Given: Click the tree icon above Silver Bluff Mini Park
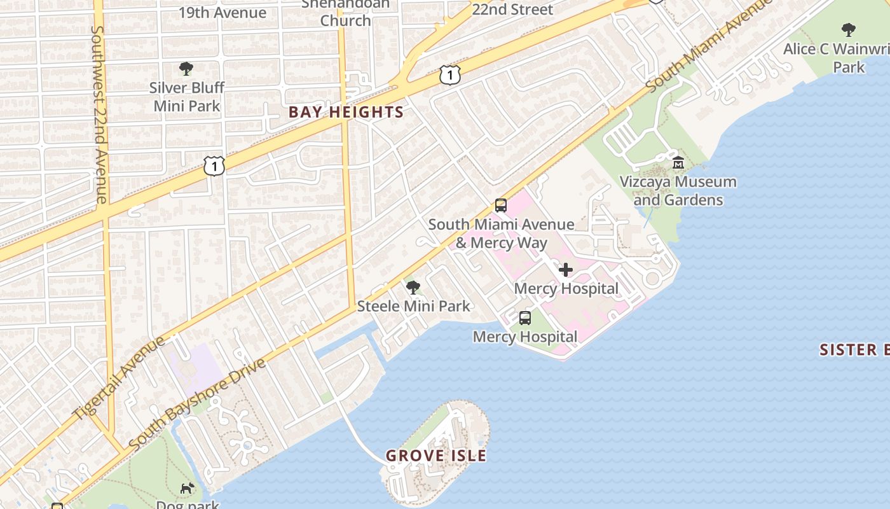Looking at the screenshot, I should point(186,68).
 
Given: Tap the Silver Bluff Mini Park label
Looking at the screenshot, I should point(187,97).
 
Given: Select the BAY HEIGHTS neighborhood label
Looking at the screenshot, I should point(346,113).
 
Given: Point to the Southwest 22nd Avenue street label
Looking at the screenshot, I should point(99,115).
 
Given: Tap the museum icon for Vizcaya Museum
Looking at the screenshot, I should point(678,162).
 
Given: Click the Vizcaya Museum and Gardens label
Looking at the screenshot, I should point(678,191).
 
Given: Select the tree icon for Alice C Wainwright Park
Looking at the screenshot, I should point(848,29).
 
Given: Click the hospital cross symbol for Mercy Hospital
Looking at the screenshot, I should point(565,270).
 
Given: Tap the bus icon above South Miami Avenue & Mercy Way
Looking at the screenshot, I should point(501,206).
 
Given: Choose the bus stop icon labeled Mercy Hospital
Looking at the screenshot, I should point(525,318).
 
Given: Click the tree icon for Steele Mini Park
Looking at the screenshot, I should point(413,288).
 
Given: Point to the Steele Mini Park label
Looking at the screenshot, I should point(414,306).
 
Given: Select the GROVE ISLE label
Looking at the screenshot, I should point(436,456).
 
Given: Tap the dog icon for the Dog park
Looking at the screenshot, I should point(187,489).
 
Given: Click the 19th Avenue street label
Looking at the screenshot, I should point(222,13).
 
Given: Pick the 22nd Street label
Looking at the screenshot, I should point(512,9).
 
